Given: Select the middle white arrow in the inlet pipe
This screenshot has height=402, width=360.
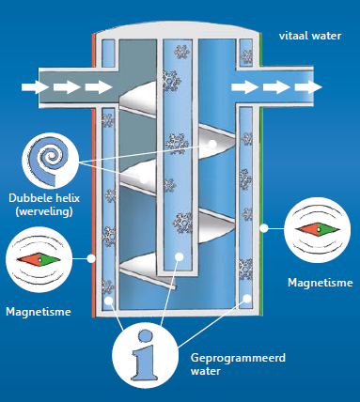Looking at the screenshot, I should [x=66, y=87].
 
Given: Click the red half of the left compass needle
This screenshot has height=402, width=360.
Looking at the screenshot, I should [x=23, y=258].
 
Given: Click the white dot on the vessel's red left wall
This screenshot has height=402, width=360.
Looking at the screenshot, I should [x=92, y=255].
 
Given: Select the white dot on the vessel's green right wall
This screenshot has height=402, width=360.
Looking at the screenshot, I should [x=265, y=226].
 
